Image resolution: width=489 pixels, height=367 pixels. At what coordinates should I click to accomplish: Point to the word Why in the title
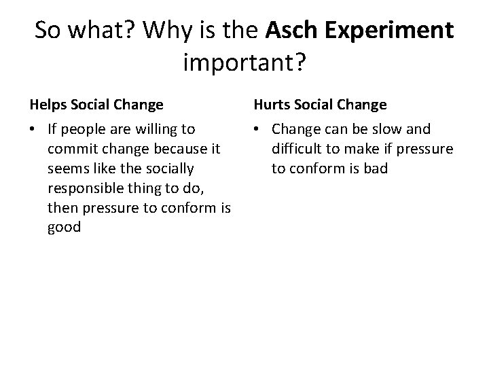pos(164,31)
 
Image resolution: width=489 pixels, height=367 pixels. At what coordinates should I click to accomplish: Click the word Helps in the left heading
pos(46,105)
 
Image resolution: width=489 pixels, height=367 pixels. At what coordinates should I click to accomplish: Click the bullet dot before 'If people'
pos(34,129)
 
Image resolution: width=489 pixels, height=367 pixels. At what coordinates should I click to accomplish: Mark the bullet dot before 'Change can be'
pos(259,129)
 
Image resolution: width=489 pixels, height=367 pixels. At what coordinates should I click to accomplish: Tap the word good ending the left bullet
pos(65,228)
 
